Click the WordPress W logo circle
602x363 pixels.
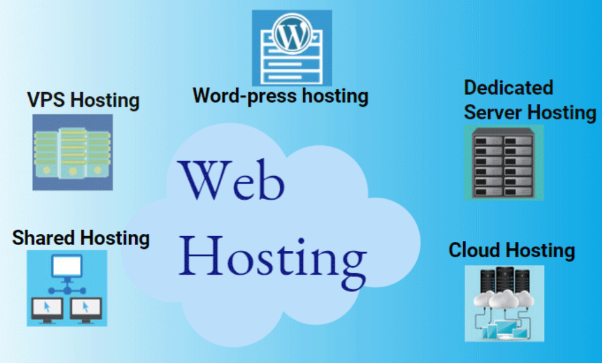292,35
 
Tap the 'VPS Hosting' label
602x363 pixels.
83,100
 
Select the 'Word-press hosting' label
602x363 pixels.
280,95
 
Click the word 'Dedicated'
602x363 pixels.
508,88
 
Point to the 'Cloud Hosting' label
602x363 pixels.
511,250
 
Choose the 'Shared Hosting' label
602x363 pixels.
81,238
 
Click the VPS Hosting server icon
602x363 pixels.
72,152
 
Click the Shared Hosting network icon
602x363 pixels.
66,288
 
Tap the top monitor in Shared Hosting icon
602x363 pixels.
66,267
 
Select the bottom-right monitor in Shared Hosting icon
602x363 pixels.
85,307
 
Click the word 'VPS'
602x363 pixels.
46,100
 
